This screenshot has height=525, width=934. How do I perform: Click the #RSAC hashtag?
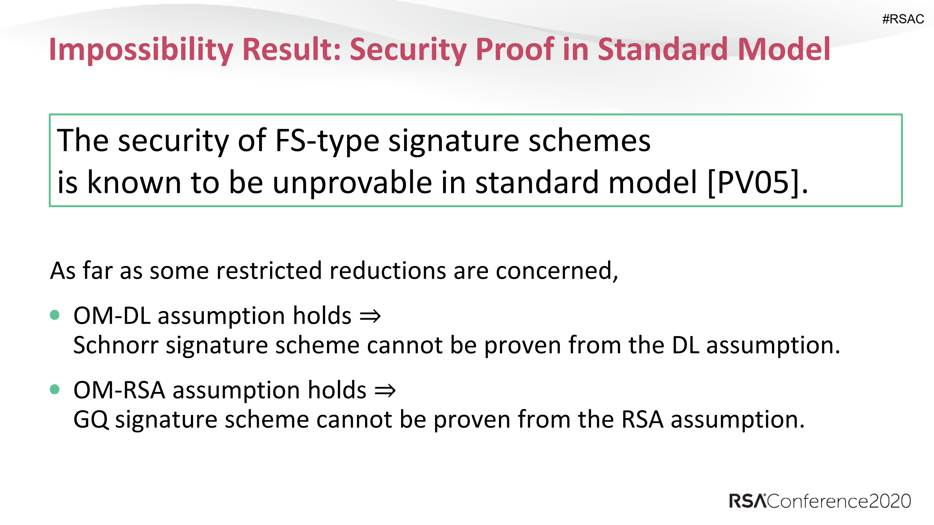(903, 19)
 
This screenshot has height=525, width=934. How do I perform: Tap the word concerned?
(557, 271)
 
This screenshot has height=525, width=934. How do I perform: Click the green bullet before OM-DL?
(55, 315)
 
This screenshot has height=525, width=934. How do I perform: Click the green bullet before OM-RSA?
(55, 389)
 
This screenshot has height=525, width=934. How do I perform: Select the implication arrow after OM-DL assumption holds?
(370, 316)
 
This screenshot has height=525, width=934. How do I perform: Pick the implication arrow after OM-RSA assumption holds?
(385, 391)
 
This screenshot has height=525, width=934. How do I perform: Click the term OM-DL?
(112, 316)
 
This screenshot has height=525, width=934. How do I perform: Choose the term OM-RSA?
(119, 390)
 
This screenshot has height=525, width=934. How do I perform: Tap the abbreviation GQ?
(91, 420)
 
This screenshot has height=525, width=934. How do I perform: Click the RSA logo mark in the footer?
(747, 501)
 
